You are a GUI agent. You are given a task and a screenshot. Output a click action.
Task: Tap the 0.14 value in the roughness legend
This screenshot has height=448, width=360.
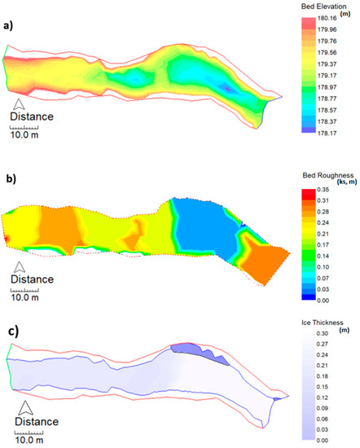[x=327, y=254]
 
